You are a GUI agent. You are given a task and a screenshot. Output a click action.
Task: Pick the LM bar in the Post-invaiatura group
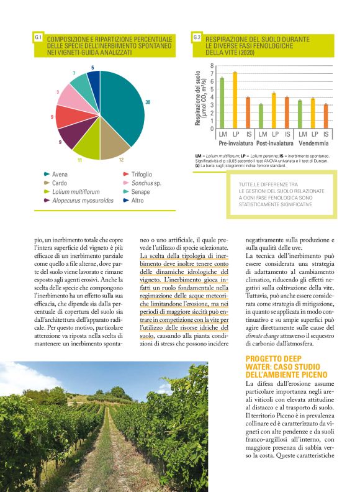point(261,115)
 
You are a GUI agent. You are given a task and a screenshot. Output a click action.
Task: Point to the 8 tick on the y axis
point(212,65)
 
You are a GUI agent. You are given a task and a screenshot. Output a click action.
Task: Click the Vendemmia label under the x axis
point(313,143)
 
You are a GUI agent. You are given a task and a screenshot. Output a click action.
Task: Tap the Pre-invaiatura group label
point(235,143)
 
